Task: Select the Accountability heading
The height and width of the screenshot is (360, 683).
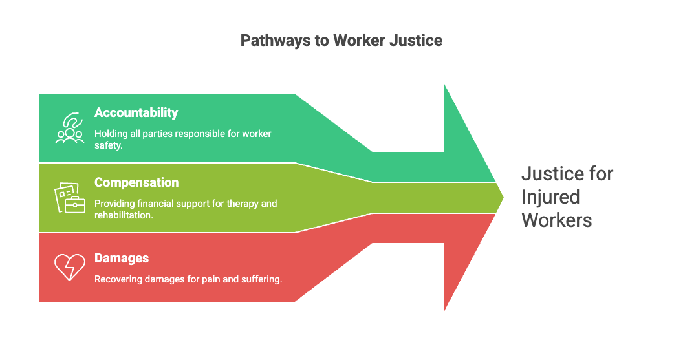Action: pos(136,112)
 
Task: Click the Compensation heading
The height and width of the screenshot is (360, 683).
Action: pos(136,182)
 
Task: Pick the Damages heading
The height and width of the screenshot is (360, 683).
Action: pos(122,258)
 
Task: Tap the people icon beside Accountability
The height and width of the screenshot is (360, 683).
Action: pos(69,128)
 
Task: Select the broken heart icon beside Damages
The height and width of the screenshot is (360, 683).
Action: pos(69,266)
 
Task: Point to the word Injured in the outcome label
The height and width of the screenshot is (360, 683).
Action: pos(550,196)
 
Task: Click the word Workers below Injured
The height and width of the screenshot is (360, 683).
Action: pos(556,220)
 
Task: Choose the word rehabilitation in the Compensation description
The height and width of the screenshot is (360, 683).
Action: pos(123,215)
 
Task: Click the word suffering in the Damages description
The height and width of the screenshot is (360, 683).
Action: pos(260,279)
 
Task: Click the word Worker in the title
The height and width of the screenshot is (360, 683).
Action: pos(358,41)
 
